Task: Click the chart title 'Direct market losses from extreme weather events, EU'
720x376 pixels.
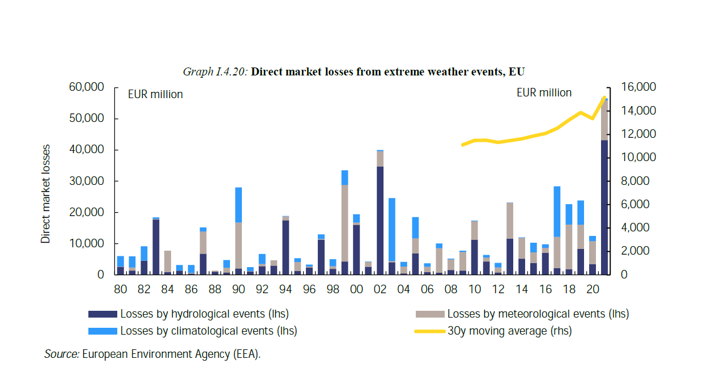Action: tap(388, 72)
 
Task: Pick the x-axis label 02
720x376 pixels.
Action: tap(380, 289)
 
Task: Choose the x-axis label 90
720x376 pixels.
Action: tap(238, 289)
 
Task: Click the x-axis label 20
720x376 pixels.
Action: tap(593, 289)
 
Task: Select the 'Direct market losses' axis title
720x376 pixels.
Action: tap(46, 194)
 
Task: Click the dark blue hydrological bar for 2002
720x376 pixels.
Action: tap(380, 221)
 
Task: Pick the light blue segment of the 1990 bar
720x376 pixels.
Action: tap(238, 205)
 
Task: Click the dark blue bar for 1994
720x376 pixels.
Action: tap(286, 247)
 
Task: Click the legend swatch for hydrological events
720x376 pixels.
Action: tap(103, 314)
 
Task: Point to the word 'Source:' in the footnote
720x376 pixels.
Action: tap(62, 354)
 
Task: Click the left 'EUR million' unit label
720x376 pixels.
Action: tap(155, 95)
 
